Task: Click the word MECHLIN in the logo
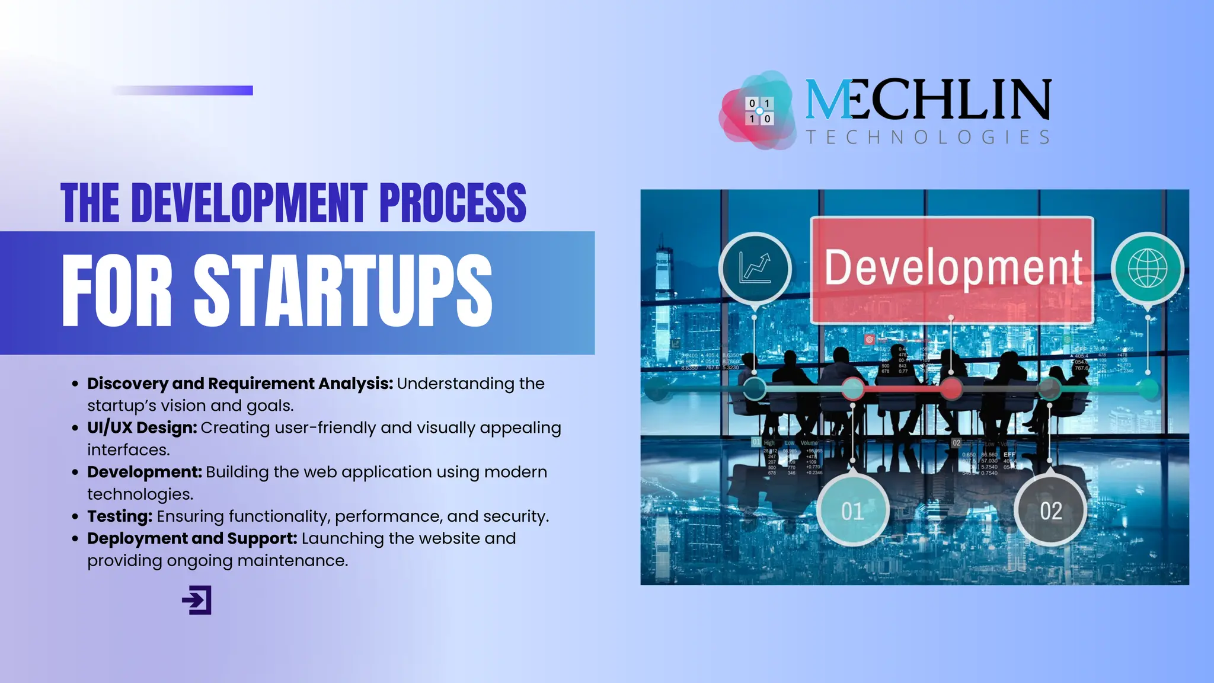tap(928, 100)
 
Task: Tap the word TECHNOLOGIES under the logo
tap(928, 138)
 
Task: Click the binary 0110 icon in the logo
tap(759, 111)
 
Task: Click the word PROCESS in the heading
tap(452, 203)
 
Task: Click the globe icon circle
tap(1147, 269)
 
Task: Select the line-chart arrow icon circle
tap(755, 269)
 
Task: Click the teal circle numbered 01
tap(852, 510)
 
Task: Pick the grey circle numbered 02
tap(1050, 510)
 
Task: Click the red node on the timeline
tap(951, 389)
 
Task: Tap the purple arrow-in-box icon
tap(197, 600)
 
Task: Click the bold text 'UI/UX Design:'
tap(142, 427)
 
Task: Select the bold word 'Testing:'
tap(120, 516)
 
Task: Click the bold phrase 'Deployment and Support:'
tap(192, 538)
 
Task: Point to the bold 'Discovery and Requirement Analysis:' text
tap(239, 384)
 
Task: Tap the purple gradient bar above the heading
tap(183, 90)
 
